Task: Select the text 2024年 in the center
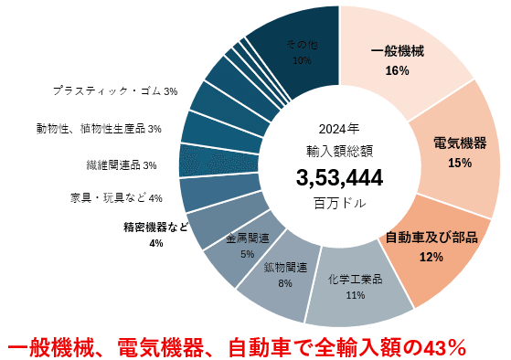339,128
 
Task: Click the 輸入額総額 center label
339,148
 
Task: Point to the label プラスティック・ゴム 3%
114,91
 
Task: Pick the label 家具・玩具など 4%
115,198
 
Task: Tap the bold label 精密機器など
155,227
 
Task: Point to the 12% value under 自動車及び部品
431,257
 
